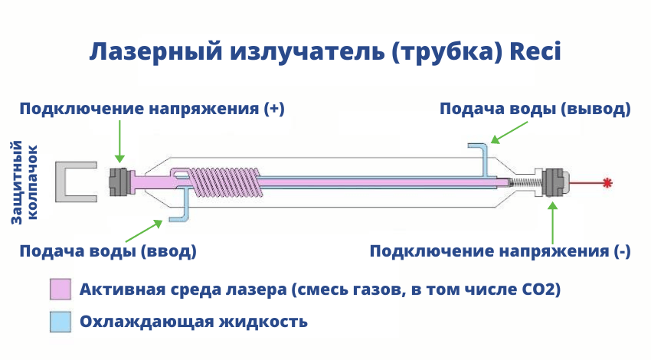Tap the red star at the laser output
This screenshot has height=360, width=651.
(x=607, y=182)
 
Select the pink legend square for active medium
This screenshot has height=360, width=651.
(x=61, y=290)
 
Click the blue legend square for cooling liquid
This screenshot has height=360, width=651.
(x=61, y=322)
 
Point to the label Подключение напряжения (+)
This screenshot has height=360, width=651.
(x=152, y=108)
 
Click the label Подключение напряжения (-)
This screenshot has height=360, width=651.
(x=500, y=251)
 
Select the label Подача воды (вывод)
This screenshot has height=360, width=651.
(x=535, y=108)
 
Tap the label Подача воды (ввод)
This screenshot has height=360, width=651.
(x=108, y=251)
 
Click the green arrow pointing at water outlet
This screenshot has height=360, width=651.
(x=505, y=133)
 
